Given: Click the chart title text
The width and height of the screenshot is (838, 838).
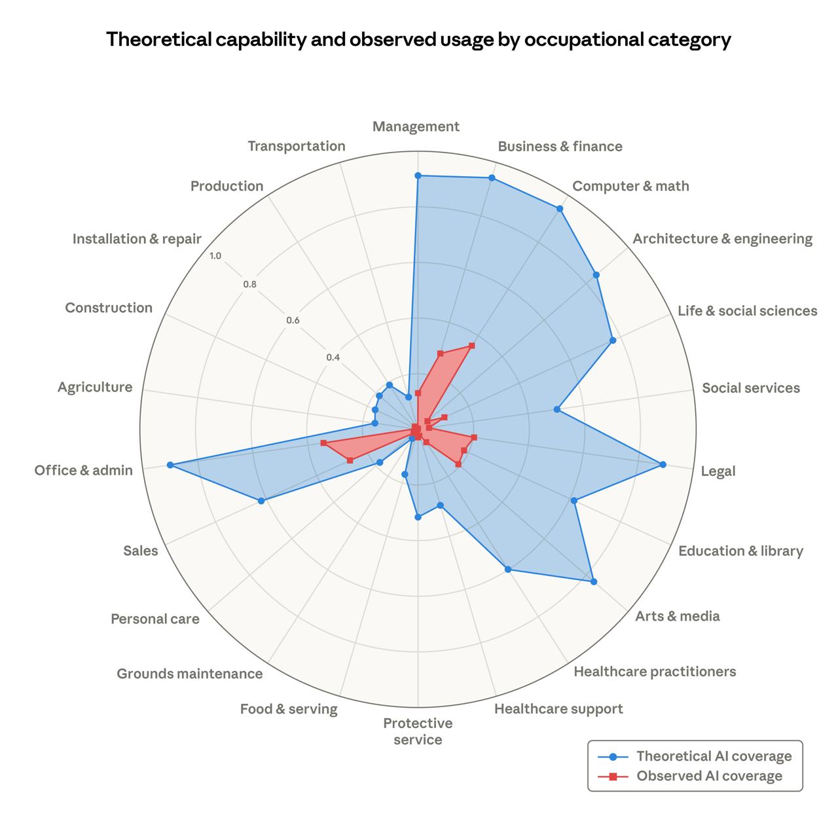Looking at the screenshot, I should coord(418,40).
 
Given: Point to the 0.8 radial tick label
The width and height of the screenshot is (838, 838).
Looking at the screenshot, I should coord(249,285).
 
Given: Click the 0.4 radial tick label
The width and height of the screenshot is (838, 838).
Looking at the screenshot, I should coord(333,357).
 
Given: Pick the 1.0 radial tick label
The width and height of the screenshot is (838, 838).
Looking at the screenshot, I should coord(215,256).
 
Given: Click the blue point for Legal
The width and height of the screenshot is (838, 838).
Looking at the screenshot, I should coord(663,465).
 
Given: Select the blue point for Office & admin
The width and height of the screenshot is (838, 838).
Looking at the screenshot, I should coord(170,465).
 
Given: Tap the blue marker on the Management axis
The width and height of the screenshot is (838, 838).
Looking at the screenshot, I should coord(418,175).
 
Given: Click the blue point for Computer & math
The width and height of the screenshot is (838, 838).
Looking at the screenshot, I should coord(560,209).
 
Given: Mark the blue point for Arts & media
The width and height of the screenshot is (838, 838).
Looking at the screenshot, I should coord(593,581).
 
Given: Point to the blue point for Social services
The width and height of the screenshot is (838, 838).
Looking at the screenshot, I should coord(556,410).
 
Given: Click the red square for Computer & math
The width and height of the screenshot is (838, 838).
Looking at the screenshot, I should coord(471,345).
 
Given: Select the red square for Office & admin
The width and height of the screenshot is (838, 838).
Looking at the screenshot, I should coord(323,443).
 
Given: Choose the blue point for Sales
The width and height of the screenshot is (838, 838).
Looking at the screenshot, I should coord(261,501).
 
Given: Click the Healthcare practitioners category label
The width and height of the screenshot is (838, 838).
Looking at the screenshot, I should coord(654,671).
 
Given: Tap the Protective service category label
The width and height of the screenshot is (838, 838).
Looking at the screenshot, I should coord(418,731).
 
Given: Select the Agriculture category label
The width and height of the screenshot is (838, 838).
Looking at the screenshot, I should coord(95,387).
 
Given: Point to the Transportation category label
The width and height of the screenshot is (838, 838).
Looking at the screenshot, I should coord(296,146).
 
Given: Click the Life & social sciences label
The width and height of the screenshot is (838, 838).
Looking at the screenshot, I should coord(747,310).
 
